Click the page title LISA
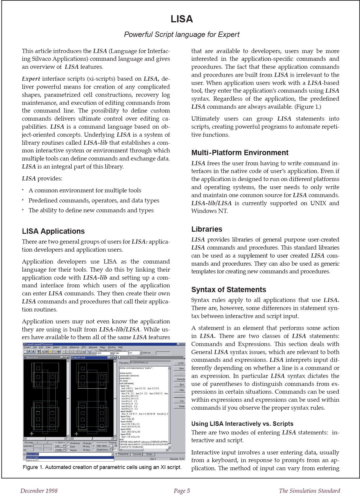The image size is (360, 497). pos(181,19)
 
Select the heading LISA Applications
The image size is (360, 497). pos(53,231)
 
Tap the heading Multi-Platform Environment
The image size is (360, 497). pos(240,153)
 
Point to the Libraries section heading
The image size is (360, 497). pos(206,229)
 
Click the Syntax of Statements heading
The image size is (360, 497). pos(228,290)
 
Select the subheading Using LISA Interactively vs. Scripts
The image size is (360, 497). pos(242,424)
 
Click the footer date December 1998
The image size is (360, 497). pos(39,491)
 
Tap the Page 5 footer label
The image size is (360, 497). pos(182,491)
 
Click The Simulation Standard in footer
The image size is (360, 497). pos(309,491)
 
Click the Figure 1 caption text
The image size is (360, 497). pos(102,467)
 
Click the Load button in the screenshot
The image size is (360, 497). pos(181,363)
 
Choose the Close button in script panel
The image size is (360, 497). pos(181,406)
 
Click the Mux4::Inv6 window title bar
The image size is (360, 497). pos(89,357)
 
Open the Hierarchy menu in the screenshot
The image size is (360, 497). pos(74,347)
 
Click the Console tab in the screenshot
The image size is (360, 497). pos(137,454)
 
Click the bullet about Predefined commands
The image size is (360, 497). pos(94,201)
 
